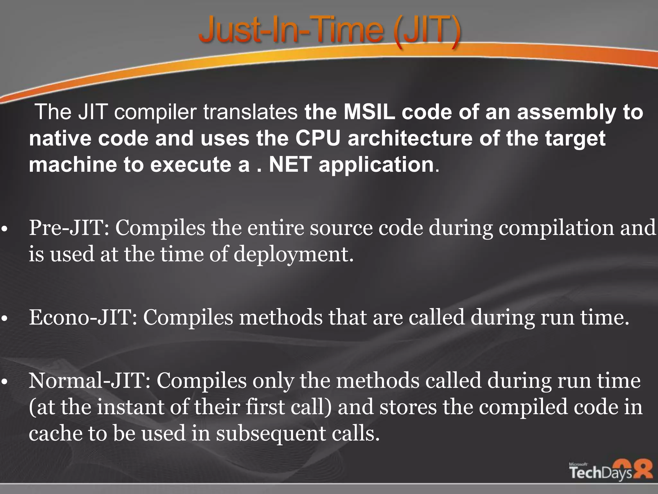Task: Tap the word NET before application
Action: (x=290, y=165)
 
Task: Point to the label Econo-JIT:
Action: (x=83, y=317)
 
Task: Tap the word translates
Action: (x=250, y=112)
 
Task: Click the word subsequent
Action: (x=271, y=434)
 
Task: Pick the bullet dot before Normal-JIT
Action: (x=4, y=382)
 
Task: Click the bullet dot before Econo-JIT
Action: (x=4, y=319)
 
